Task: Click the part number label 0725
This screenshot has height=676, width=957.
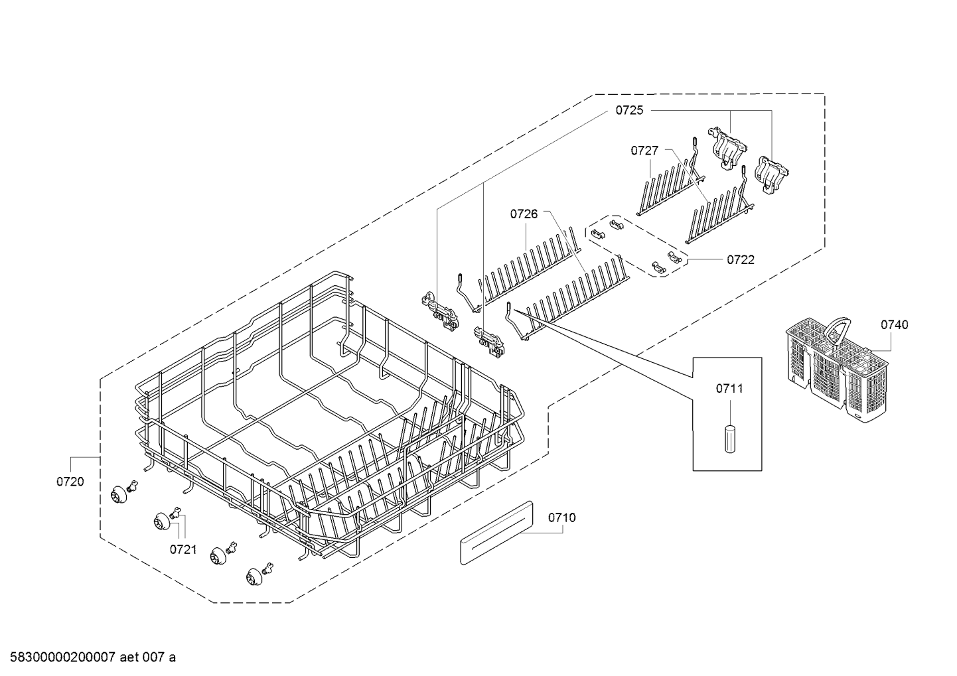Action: (x=628, y=111)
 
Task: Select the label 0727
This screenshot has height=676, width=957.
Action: (x=644, y=151)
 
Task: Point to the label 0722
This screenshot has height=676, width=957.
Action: (x=741, y=260)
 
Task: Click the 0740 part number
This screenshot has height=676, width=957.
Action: (x=895, y=324)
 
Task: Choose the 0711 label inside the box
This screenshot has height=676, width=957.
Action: (x=729, y=388)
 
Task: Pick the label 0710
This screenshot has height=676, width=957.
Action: (x=562, y=517)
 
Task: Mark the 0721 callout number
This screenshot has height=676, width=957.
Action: (x=183, y=549)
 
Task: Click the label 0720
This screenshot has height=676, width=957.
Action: (x=70, y=482)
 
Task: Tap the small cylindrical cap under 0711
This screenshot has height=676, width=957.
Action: (x=729, y=439)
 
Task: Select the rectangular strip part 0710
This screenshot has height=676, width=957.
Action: (x=496, y=533)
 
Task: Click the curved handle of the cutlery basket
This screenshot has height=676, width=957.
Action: (x=838, y=327)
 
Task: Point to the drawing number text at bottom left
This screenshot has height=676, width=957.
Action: (x=89, y=657)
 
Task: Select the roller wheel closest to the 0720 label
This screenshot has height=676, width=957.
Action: (x=119, y=494)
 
